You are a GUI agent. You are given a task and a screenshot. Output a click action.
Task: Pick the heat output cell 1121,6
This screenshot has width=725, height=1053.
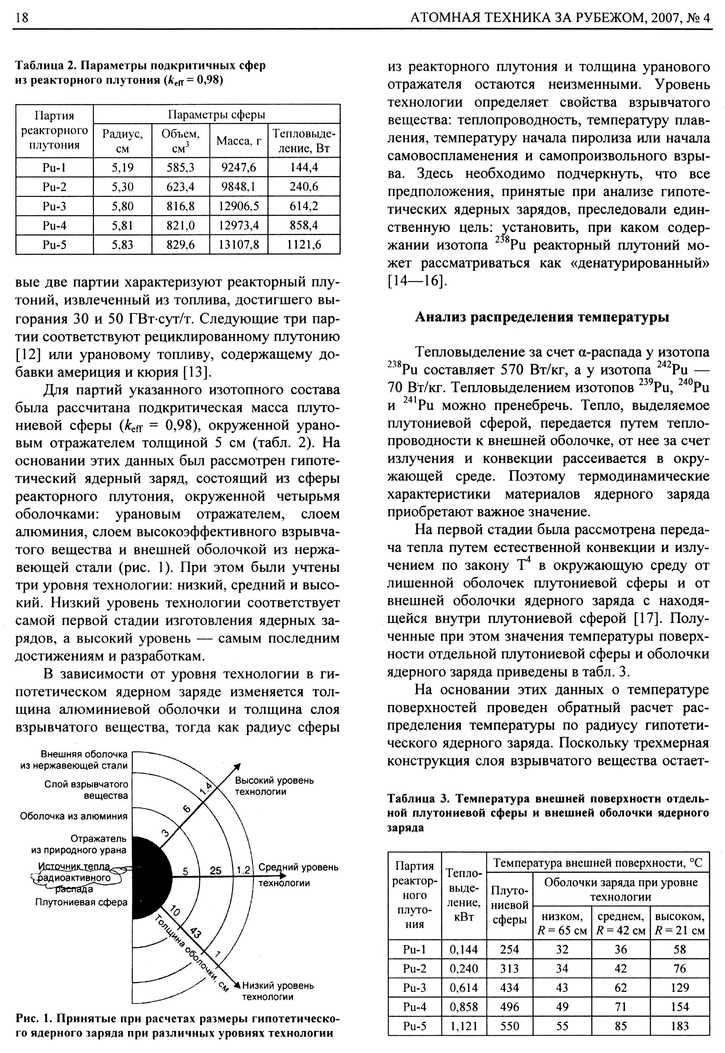tap(304, 245)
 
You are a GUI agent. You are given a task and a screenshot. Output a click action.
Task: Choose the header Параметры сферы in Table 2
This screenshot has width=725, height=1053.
tap(216, 114)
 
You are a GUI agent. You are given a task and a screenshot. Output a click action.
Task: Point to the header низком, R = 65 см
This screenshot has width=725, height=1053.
tap(562, 923)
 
